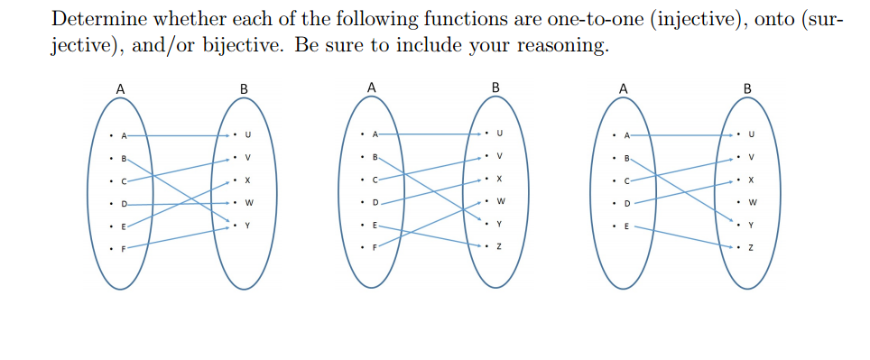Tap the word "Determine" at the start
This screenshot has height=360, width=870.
pos(96,19)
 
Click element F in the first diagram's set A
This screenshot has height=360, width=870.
pos(125,248)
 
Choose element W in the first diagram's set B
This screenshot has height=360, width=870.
pos(247,202)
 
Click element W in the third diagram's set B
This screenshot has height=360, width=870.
pos(751,201)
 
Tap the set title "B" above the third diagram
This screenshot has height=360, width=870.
pos(745,88)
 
